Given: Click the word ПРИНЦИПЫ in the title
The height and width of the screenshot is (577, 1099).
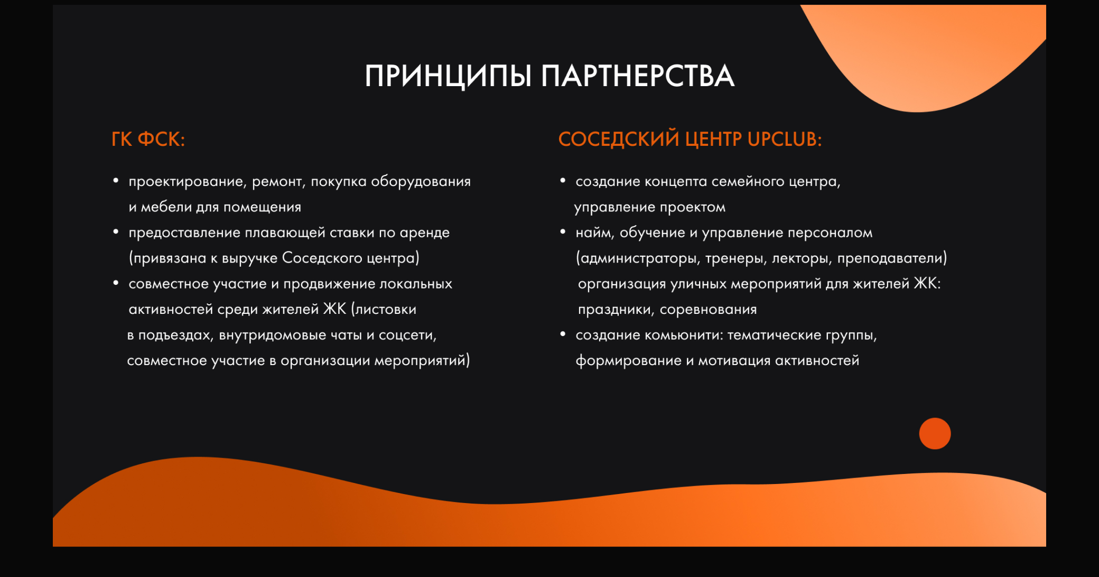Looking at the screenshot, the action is (448, 76).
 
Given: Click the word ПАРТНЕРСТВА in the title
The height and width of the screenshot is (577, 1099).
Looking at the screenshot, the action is (638, 76).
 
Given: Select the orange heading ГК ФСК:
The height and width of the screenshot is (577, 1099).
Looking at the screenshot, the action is (148, 139).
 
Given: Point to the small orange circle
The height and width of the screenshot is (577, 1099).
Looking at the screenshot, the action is (935, 433).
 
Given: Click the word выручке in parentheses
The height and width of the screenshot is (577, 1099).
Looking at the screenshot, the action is (249, 258).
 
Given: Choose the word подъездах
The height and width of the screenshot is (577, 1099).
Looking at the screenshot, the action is (175, 335).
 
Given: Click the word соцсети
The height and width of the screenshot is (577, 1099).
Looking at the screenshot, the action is (407, 335).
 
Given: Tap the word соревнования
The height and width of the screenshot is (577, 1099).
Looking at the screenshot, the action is (708, 310).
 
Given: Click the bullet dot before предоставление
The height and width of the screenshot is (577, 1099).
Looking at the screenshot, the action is (116, 232).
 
